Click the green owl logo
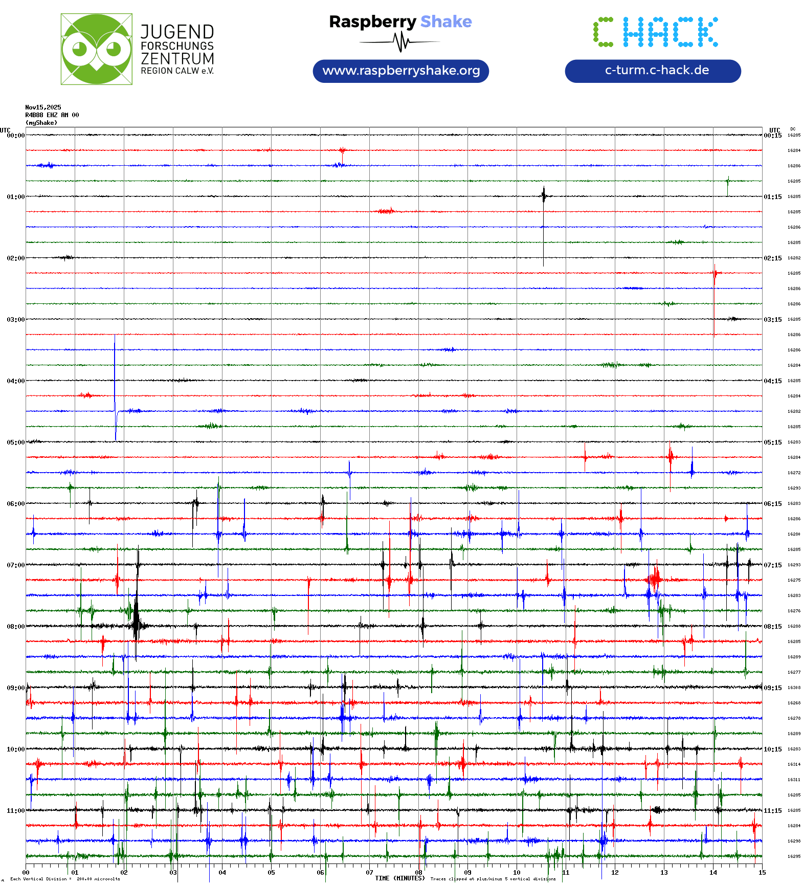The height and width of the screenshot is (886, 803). coord(96,49)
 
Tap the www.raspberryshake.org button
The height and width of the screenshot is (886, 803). coord(401,71)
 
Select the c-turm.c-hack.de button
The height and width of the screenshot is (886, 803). coord(653,71)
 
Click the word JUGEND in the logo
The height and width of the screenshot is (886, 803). coord(177,32)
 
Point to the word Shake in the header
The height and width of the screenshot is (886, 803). coord(446,21)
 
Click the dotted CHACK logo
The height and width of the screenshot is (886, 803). coord(656,32)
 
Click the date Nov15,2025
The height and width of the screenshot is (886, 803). coord(43,107)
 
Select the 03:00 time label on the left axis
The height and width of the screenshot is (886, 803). coord(15,319)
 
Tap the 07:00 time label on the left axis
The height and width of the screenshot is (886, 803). coord(15,565)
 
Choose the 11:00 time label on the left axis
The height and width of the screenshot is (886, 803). coord(15,810)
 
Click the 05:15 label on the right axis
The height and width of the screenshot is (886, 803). coord(773,442)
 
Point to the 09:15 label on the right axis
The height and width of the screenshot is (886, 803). coord(773,688)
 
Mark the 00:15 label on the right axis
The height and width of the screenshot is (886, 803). coord(773,136)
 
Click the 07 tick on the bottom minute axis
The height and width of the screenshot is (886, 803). coord(369,872)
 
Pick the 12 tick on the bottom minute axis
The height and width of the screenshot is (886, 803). coord(615,872)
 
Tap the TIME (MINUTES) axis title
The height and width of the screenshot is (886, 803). coord(399,878)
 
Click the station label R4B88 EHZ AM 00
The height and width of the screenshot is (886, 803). coord(52,115)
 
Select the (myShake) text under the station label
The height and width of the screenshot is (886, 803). coord(41,123)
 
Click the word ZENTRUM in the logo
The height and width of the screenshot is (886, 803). coord(177,58)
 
